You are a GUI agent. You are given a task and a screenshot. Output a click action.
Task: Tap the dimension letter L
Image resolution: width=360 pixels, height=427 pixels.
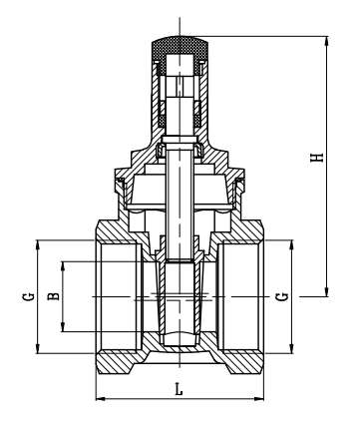179,389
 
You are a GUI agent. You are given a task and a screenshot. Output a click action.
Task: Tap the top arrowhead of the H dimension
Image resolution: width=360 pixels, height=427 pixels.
326,41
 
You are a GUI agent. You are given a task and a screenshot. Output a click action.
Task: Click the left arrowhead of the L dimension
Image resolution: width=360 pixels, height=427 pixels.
99,400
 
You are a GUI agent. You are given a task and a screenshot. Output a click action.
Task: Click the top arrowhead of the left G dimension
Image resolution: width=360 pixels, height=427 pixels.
38,242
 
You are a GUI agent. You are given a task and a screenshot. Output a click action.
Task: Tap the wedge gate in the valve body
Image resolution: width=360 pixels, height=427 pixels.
179,299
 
